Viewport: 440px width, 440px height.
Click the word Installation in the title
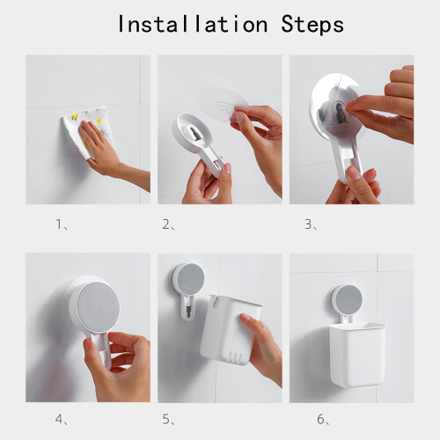coord(193,24)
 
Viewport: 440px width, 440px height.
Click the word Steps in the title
coord(312,25)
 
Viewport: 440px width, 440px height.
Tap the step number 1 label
coord(62,224)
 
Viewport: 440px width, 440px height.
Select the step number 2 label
coord(169,224)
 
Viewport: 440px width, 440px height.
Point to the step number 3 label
coord(311,224)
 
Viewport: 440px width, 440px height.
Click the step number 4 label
coord(62,420)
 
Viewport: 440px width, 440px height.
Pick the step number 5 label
coord(169,420)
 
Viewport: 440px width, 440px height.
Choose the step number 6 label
coord(323,420)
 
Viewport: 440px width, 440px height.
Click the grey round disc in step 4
coord(99,311)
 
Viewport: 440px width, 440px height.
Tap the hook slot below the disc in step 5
coord(189,310)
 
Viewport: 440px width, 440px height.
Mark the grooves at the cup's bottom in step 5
coord(235,358)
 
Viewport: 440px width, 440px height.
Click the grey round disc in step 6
coord(348,300)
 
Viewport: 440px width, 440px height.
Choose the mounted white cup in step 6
coord(357,354)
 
